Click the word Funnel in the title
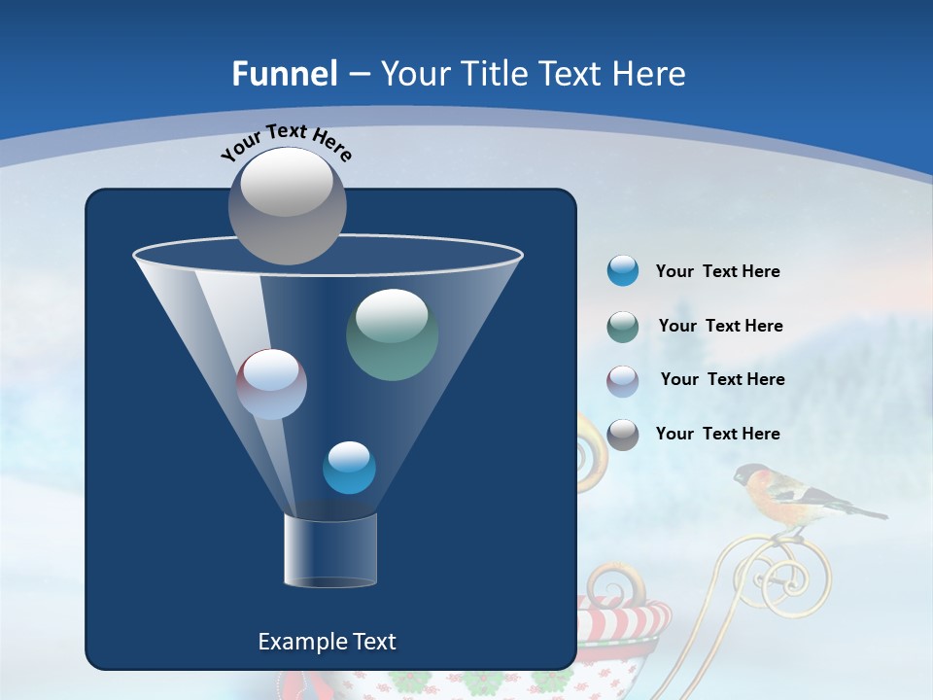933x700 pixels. pos(284,74)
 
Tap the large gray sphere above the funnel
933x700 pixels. pos(287,205)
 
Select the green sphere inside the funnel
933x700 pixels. pos(392,334)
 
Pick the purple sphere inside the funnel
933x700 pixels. pos(271,384)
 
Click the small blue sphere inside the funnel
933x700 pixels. pos(349,468)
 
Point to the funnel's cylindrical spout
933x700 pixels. pos(329,550)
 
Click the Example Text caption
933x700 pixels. pos(327,642)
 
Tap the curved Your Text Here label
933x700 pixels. pos(286,143)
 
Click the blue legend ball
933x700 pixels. pos(623,271)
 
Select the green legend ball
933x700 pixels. pos(623,327)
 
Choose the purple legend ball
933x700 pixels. pos(623,381)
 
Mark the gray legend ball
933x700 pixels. pos(623,435)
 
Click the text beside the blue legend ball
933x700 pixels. pos(717,271)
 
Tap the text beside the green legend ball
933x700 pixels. pos(720,326)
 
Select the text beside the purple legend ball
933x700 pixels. pos(722,379)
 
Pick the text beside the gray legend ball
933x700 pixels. pos(717,434)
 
